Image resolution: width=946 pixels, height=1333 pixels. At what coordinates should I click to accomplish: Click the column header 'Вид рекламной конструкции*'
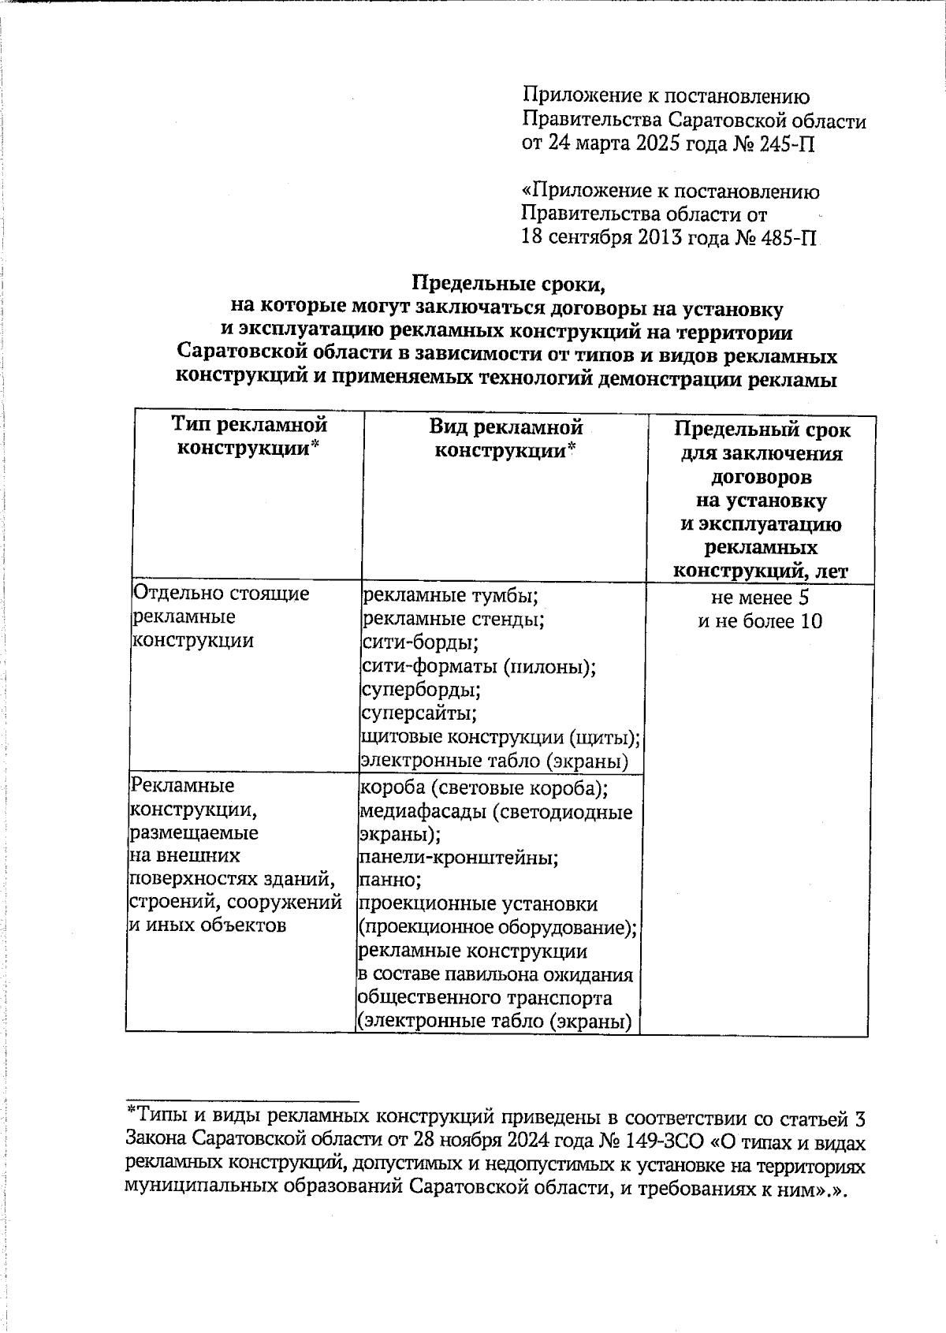point(505,439)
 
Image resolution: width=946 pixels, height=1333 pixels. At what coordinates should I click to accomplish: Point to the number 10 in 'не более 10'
point(811,621)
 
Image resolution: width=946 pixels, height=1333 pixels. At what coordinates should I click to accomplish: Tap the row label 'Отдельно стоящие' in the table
point(221,593)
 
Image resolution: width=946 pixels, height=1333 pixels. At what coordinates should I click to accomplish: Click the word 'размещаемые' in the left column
point(193,832)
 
